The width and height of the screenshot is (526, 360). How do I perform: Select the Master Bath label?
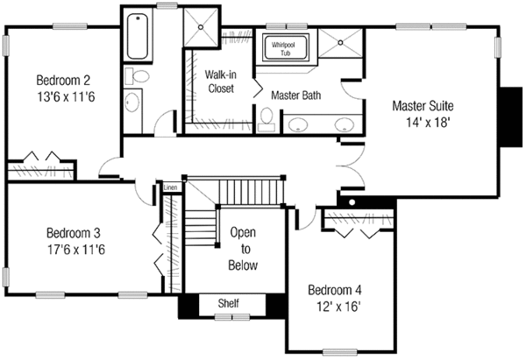[x=295, y=94]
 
